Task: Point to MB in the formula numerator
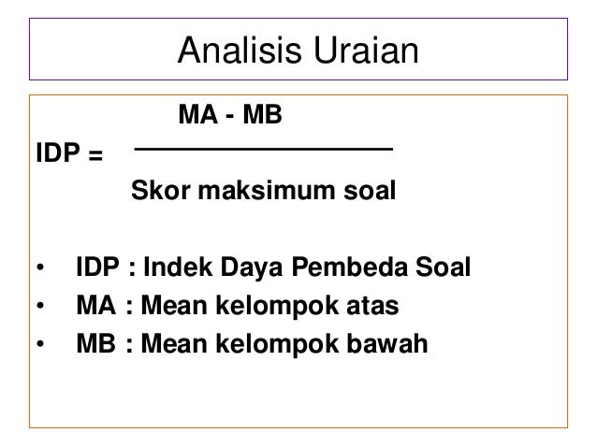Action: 271,119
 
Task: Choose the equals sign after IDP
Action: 95,155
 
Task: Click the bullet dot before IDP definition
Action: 40,270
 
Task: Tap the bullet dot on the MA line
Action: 40,308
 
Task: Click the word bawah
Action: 388,344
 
